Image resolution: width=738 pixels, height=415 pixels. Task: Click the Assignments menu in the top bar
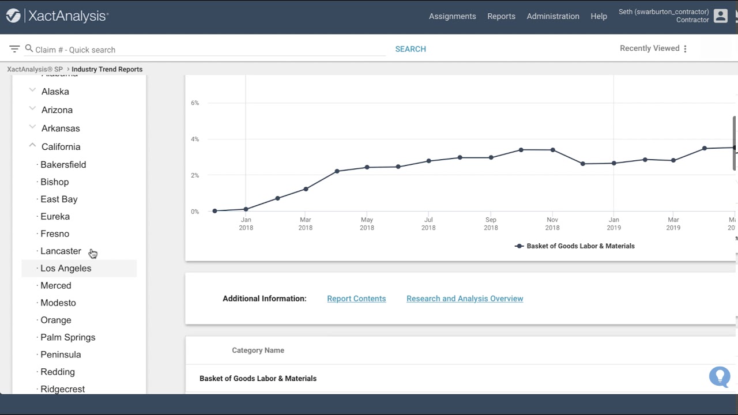(452, 16)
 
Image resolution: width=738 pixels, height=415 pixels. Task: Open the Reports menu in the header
(501, 16)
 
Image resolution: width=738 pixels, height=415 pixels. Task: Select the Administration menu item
(553, 16)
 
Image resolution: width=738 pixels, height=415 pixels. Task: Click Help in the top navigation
(598, 16)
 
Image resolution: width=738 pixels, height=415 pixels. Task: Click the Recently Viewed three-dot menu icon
(685, 49)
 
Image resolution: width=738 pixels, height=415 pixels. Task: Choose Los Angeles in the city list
(66, 268)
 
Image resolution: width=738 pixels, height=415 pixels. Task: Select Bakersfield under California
(63, 164)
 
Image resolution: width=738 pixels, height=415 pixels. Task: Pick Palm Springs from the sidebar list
(67, 337)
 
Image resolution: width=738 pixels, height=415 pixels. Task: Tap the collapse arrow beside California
(32, 146)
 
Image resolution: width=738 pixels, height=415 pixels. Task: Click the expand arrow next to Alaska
(32, 91)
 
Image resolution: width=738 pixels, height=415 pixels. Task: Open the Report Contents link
(356, 299)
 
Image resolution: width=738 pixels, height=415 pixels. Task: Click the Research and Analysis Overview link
(465, 299)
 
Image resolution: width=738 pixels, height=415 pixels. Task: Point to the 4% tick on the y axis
(195, 139)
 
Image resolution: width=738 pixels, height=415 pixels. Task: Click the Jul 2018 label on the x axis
(428, 224)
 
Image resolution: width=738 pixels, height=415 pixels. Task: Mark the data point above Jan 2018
(246, 209)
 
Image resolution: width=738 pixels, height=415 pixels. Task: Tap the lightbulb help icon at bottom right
(720, 376)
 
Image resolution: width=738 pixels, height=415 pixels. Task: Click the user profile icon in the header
(721, 16)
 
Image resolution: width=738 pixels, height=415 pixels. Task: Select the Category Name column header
(258, 350)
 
